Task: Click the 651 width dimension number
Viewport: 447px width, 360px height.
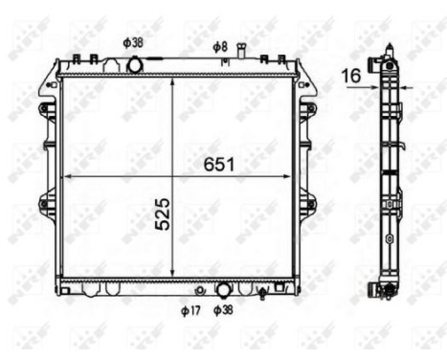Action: (218, 165)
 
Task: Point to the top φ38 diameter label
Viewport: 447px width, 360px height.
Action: (134, 43)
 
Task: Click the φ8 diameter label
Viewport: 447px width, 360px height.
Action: (219, 46)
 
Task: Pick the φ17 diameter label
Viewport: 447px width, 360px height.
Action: (191, 310)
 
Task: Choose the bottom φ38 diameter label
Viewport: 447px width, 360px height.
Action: (223, 310)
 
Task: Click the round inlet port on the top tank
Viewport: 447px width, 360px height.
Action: (135, 64)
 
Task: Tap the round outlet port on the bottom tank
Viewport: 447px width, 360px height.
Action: (222, 288)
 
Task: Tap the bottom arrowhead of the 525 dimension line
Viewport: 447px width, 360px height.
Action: (171, 273)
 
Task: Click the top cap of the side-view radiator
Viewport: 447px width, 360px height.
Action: (390, 50)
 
